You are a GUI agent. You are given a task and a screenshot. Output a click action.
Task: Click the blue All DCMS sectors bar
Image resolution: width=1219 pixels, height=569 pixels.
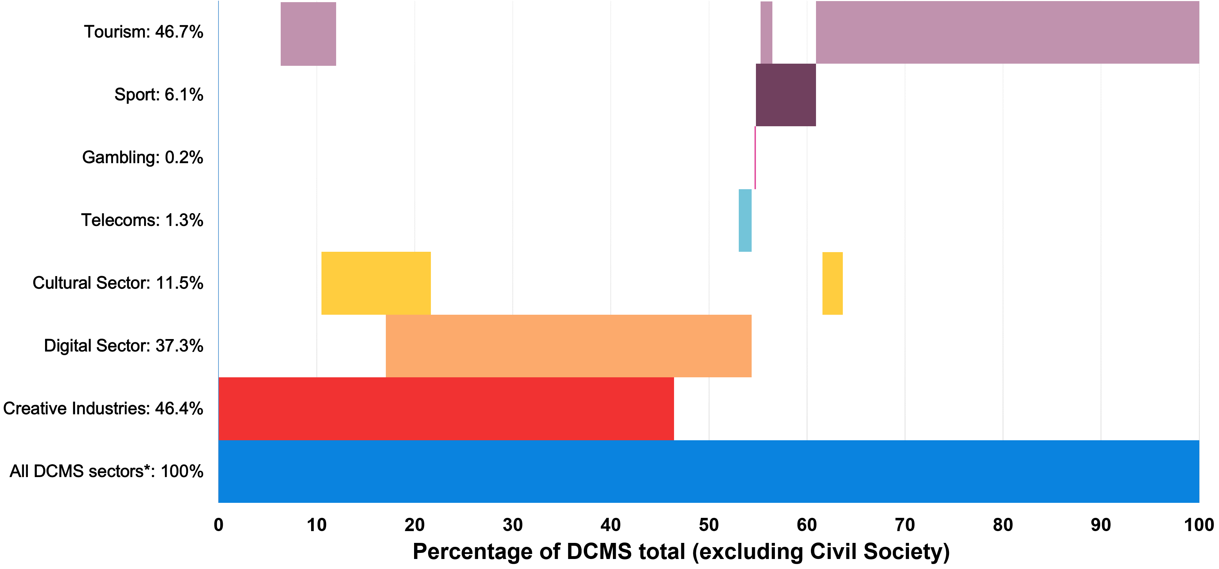point(708,471)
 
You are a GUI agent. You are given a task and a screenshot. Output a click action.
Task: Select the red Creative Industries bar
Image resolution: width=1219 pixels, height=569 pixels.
point(446,408)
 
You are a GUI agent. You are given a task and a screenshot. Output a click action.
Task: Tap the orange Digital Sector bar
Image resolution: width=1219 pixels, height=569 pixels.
point(568,345)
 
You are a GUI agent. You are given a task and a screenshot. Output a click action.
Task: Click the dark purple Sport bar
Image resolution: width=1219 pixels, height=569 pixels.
point(786,95)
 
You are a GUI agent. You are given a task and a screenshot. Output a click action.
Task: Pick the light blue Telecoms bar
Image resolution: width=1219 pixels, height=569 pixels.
point(745,220)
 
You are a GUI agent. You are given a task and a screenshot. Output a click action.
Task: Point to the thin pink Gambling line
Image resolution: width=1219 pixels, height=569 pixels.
point(755,158)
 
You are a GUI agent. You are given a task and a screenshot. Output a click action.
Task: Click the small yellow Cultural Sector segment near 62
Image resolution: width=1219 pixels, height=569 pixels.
point(832,283)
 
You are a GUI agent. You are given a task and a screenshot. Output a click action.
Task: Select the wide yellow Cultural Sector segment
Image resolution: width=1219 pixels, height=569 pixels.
point(376,283)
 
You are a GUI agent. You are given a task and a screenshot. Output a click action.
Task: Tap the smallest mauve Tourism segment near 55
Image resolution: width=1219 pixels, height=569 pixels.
point(766,32)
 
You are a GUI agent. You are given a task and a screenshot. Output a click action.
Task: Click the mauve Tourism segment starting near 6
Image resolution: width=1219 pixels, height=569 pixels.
point(308,34)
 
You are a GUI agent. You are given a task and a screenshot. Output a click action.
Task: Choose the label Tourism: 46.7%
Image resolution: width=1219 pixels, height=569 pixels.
point(143,32)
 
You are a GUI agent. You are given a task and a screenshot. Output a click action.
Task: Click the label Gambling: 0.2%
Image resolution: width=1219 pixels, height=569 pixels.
point(142,157)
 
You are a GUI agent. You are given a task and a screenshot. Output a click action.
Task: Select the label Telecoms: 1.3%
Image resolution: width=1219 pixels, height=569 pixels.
point(142,220)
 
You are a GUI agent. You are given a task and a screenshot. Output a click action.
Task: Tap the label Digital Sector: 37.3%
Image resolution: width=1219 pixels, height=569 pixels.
point(123,345)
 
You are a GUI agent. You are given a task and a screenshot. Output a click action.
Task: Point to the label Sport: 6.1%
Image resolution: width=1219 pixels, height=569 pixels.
point(158,95)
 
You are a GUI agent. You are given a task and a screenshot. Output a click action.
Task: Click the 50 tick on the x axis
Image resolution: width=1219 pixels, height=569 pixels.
point(708,525)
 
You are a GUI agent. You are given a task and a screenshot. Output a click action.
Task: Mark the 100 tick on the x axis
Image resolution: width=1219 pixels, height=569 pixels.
point(1198,525)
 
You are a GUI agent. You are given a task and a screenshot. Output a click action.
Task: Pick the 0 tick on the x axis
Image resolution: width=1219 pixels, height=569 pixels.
point(218,525)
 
